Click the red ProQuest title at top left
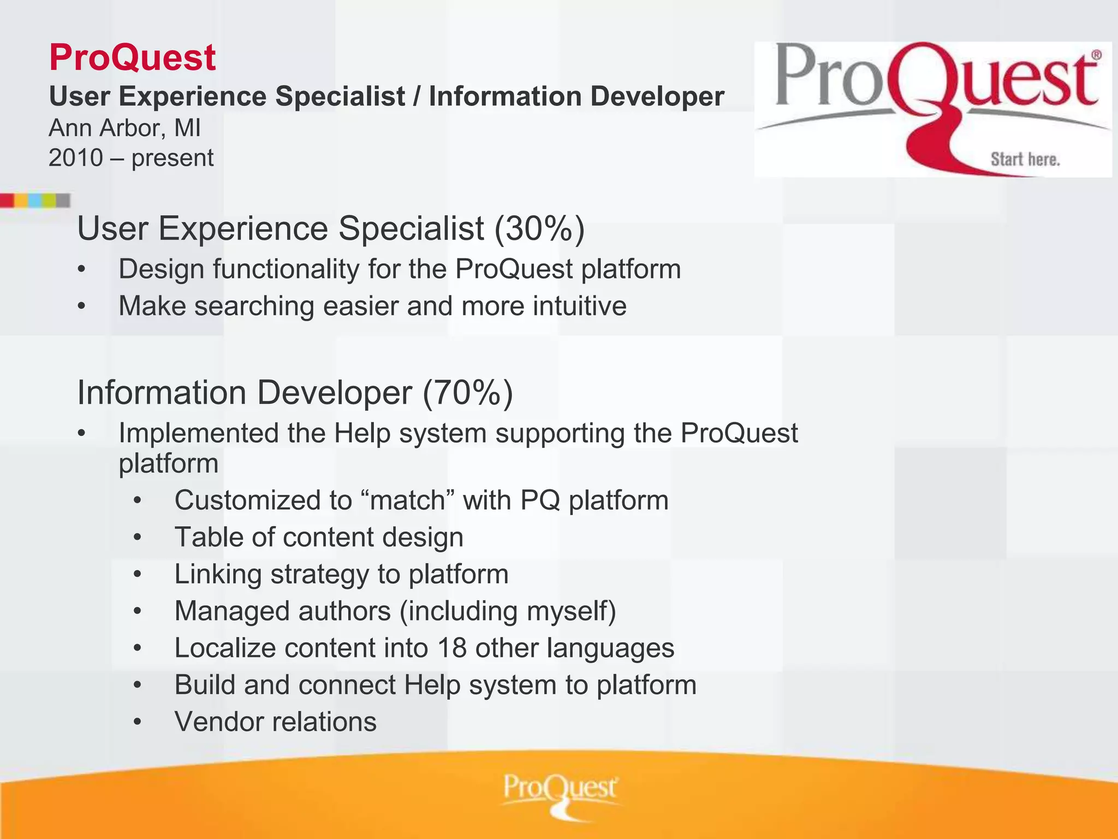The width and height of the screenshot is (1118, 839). point(132,57)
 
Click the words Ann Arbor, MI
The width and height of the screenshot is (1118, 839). point(124,128)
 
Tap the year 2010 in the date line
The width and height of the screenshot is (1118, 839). point(75,158)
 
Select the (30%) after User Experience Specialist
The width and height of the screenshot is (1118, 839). point(539,228)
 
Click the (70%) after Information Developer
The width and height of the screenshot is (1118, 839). point(468,393)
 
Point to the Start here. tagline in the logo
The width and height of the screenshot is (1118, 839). point(1025,159)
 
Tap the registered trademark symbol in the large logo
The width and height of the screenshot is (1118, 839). point(1096,55)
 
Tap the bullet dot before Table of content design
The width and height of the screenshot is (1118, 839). point(138,538)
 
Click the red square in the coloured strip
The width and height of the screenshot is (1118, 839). point(7,200)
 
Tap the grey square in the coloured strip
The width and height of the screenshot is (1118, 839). point(63,200)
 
